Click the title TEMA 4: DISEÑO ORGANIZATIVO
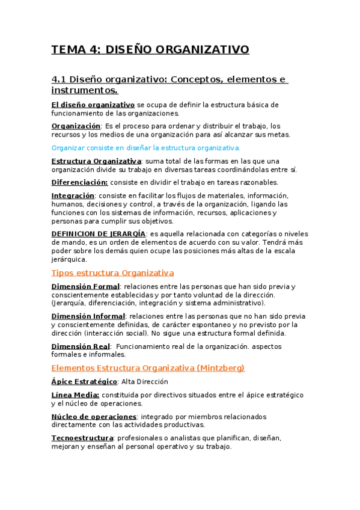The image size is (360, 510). coord(150,49)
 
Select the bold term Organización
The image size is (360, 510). coord(76,126)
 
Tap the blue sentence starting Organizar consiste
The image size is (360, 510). coord(145,147)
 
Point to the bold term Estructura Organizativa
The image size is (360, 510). coord(96,161)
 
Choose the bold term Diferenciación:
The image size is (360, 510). coord(79,182)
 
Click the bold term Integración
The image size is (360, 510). coord(73,195)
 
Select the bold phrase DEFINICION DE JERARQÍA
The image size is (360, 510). coord(98,233)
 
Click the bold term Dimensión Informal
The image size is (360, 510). coord(88,316)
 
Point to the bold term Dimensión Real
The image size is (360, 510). coord(81,346)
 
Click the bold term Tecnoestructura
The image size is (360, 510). coord(82,438)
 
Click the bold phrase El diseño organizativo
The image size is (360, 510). coord(93,104)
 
